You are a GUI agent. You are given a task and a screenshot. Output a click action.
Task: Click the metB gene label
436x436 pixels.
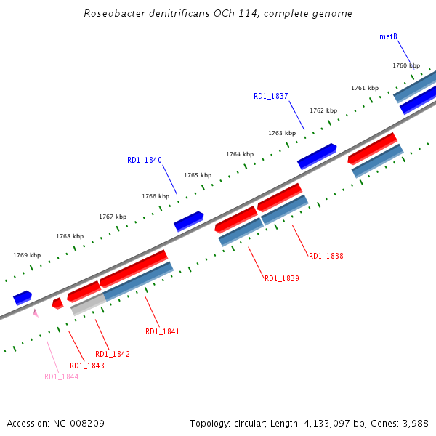[388, 36]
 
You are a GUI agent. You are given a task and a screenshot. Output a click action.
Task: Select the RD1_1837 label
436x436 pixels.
[271, 96]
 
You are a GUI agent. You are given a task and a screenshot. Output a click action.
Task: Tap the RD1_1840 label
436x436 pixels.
[145, 160]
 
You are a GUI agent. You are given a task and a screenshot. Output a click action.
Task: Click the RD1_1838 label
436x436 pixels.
[326, 256]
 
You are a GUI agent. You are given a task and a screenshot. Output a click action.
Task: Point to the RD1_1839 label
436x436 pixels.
[282, 278]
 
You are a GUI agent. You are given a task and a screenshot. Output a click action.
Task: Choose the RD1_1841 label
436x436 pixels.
[162, 331]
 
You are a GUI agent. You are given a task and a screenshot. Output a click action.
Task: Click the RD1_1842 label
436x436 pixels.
[113, 354]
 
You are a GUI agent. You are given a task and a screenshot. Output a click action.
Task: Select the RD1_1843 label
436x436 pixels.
[87, 366]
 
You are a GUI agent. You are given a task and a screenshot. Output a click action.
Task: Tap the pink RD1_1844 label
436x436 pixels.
[62, 376]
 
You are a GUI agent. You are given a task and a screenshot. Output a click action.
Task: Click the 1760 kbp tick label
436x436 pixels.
[406, 65]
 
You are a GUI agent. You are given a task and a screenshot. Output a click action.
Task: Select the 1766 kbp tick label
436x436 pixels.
[156, 196]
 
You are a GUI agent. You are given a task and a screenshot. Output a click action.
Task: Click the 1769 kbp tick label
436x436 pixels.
[27, 255]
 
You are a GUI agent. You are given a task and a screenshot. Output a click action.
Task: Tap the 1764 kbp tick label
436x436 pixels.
[240, 154]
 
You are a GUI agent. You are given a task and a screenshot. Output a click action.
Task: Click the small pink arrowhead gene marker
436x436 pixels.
[35, 312]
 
